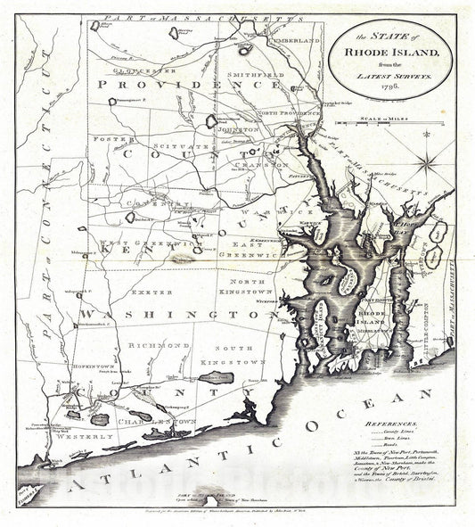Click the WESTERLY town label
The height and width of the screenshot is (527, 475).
click(x=87, y=437)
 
